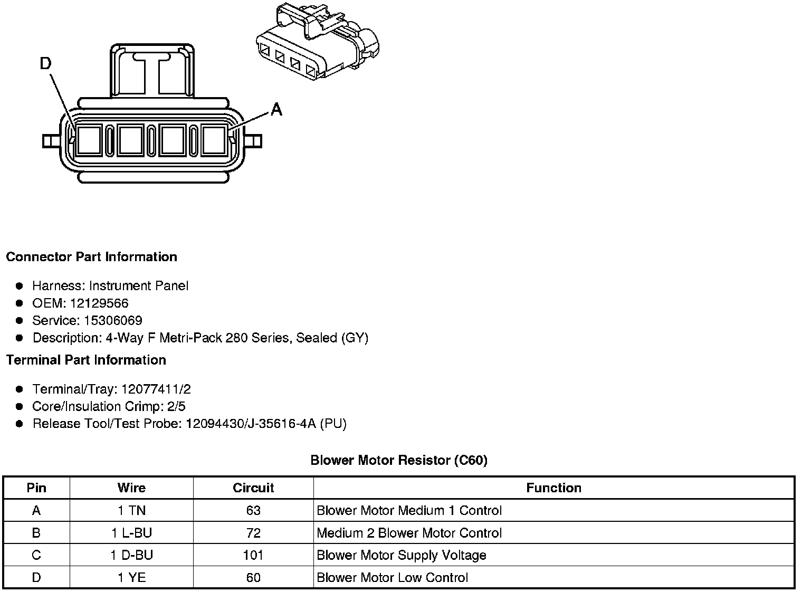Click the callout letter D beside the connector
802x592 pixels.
pyautogui.click(x=46, y=64)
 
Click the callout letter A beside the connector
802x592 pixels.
pyautogui.click(x=276, y=109)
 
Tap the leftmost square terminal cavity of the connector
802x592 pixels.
pyautogui.click(x=88, y=140)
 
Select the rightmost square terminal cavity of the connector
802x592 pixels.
pyautogui.click(x=214, y=140)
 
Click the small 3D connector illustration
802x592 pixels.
pyautogui.click(x=318, y=42)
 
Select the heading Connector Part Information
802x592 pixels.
pyautogui.click(x=91, y=257)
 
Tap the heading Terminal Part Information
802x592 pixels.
pyautogui.click(x=86, y=360)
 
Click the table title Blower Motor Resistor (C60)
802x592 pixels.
pyautogui.click(x=399, y=460)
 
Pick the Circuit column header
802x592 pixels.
pyautogui.click(x=253, y=488)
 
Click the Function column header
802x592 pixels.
pyautogui.click(x=553, y=488)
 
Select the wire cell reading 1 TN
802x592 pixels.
pyautogui.click(x=131, y=510)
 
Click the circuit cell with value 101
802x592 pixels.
pyautogui.click(x=253, y=555)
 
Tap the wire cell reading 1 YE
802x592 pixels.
pyautogui.click(x=131, y=577)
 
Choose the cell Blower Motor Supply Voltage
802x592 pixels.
pyautogui.click(x=402, y=555)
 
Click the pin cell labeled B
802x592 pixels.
pyautogui.click(x=36, y=533)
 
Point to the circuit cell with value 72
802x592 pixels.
pyautogui.click(x=253, y=533)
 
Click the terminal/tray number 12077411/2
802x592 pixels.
pyautogui.click(x=156, y=389)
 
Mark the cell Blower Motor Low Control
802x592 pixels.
pyautogui.click(x=392, y=577)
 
